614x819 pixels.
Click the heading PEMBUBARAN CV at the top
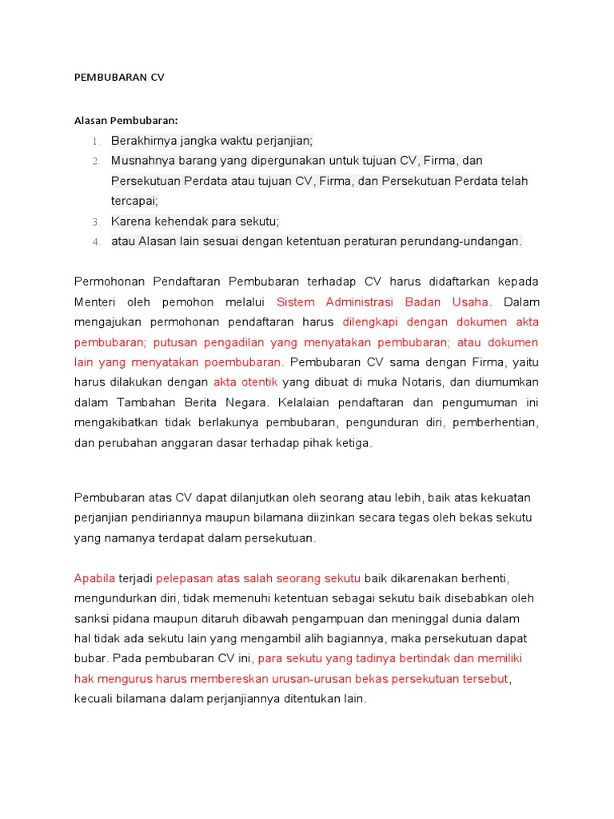click(118, 78)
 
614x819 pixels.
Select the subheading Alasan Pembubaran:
click(125, 121)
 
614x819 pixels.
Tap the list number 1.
click(95, 142)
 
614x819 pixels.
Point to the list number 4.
click(95, 242)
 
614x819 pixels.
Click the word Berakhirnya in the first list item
click(141, 141)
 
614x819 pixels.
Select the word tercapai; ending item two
click(134, 201)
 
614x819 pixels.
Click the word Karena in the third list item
click(130, 221)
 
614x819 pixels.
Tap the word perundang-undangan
click(469, 241)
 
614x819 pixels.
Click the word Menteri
click(95, 302)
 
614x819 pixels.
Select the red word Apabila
click(94, 578)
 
